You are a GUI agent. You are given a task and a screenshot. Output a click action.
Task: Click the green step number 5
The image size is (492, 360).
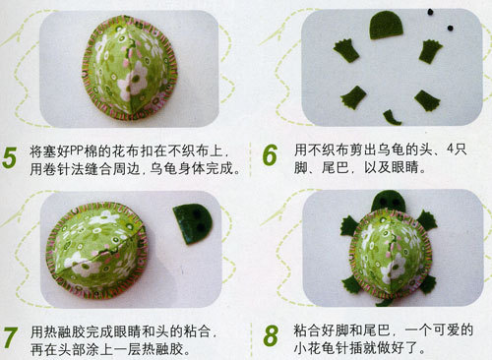pyautogui.click(x=9, y=158)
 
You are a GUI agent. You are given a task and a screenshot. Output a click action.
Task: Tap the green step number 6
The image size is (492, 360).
pyautogui.click(x=270, y=155)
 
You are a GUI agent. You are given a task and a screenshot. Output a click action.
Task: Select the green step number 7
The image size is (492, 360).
pyautogui.click(x=10, y=337)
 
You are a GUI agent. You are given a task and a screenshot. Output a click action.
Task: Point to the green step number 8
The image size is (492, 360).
pyautogui.click(x=271, y=335)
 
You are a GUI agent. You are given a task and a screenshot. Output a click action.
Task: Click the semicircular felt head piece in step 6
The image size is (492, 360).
pyautogui.click(x=386, y=26)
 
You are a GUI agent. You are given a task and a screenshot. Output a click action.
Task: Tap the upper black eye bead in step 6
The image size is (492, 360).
pyautogui.click(x=430, y=12)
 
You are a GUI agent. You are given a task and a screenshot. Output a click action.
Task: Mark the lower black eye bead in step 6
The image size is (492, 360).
pyautogui.click(x=451, y=29)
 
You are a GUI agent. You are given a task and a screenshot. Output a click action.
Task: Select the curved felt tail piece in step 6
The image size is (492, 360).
pyautogui.click(x=392, y=118)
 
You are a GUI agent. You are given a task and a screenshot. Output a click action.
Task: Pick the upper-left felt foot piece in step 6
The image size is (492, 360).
pyautogui.click(x=346, y=50)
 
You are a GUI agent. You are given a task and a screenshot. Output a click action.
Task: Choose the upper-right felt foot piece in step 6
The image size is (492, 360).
pyautogui.click(x=431, y=51)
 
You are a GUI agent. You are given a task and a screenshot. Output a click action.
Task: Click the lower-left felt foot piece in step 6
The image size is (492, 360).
pyautogui.click(x=353, y=97)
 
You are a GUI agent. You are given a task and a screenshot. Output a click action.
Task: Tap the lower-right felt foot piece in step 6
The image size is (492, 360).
pyautogui.click(x=427, y=100)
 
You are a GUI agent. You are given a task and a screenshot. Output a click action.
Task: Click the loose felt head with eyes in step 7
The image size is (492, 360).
pyautogui.click(x=193, y=224)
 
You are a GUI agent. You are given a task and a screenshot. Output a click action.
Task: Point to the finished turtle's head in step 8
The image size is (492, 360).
pyautogui.click(x=389, y=201)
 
